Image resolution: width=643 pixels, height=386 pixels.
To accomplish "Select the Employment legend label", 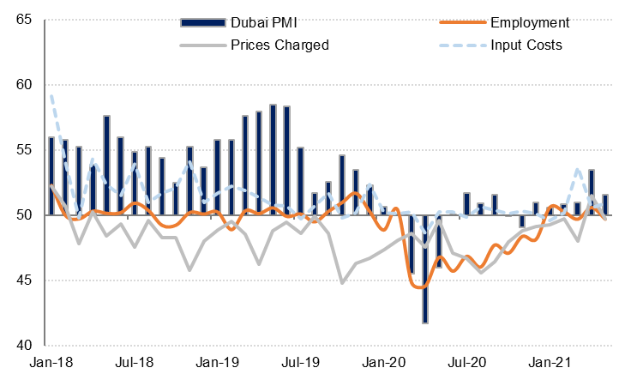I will (530, 21).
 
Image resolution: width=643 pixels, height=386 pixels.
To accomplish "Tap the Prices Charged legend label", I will (279, 45).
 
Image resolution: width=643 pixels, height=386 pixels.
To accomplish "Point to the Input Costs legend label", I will (526, 45).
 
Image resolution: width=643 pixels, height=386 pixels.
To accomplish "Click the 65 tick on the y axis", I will (24, 19).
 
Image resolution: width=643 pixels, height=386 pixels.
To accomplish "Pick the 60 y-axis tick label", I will (24, 84).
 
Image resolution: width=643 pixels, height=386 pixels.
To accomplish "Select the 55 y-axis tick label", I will (24, 149).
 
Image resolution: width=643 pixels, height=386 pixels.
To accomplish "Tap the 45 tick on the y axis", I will (24, 280).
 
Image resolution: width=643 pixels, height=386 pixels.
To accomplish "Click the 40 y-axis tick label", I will (24, 345).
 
